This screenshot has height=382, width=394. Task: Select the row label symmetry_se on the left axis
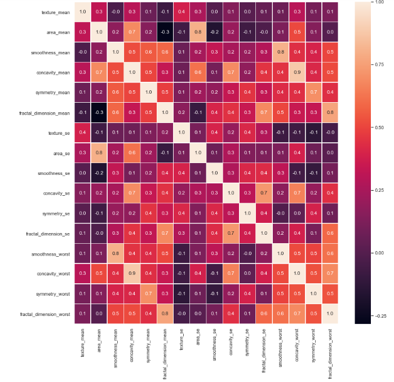(x=57, y=213)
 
